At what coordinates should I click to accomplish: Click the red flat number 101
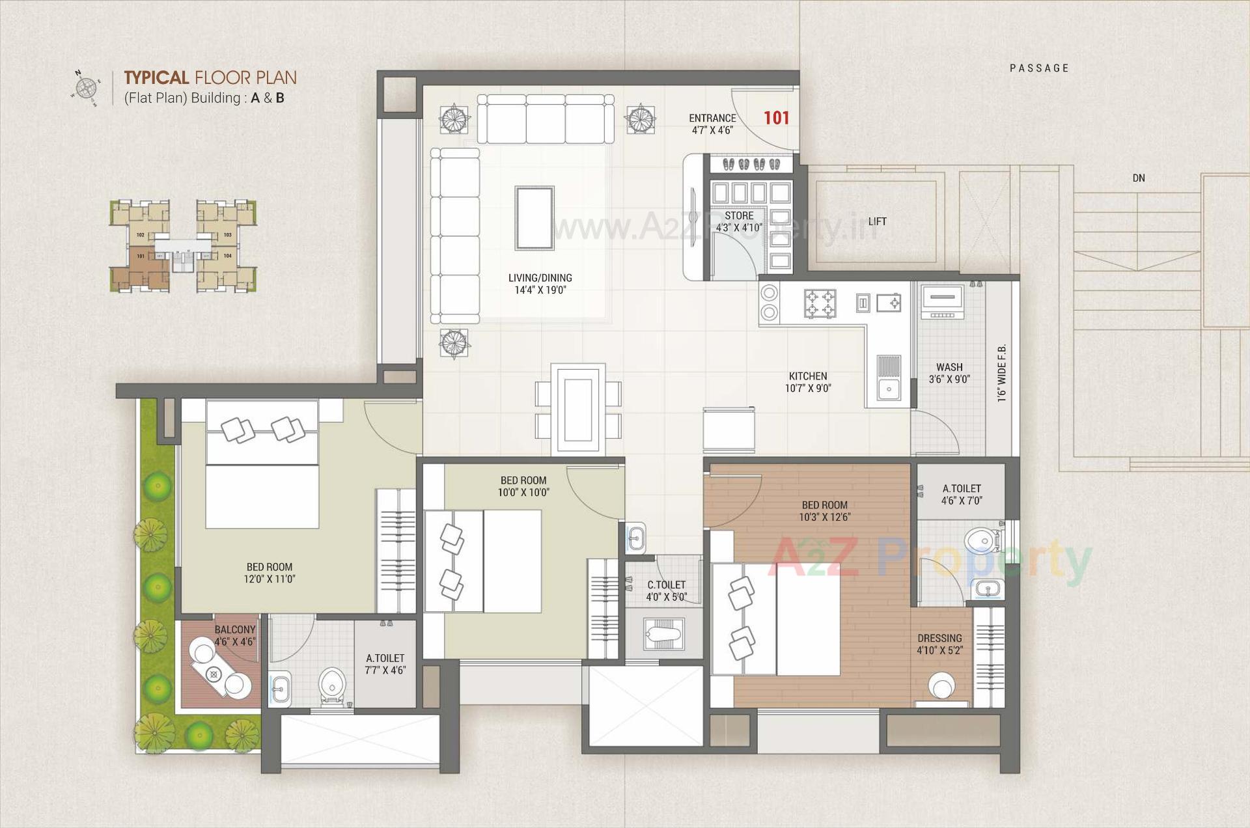[776, 118]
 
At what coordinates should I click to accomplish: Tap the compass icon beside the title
[85, 87]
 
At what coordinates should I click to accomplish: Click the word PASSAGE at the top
[1039, 68]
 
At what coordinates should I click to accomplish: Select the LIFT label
[876, 221]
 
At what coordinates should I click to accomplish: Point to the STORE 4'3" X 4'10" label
[739, 221]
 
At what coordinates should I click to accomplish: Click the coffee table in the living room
[535, 217]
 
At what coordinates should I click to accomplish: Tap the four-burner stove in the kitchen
[820, 303]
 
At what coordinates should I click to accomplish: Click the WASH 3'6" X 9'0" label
[949, 373]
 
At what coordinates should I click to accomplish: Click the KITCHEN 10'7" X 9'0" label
[808, 382]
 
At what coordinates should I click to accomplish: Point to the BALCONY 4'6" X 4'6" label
[235, 635]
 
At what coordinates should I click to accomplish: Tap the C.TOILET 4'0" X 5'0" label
[667, 590]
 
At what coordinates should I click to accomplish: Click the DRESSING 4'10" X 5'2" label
[939, 644]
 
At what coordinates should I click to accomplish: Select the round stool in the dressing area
[941, 686]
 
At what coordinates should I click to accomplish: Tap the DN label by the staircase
[1138, 178]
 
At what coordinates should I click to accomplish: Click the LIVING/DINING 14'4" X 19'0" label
[540, 284]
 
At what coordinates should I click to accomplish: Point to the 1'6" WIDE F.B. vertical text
[1002, 372]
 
